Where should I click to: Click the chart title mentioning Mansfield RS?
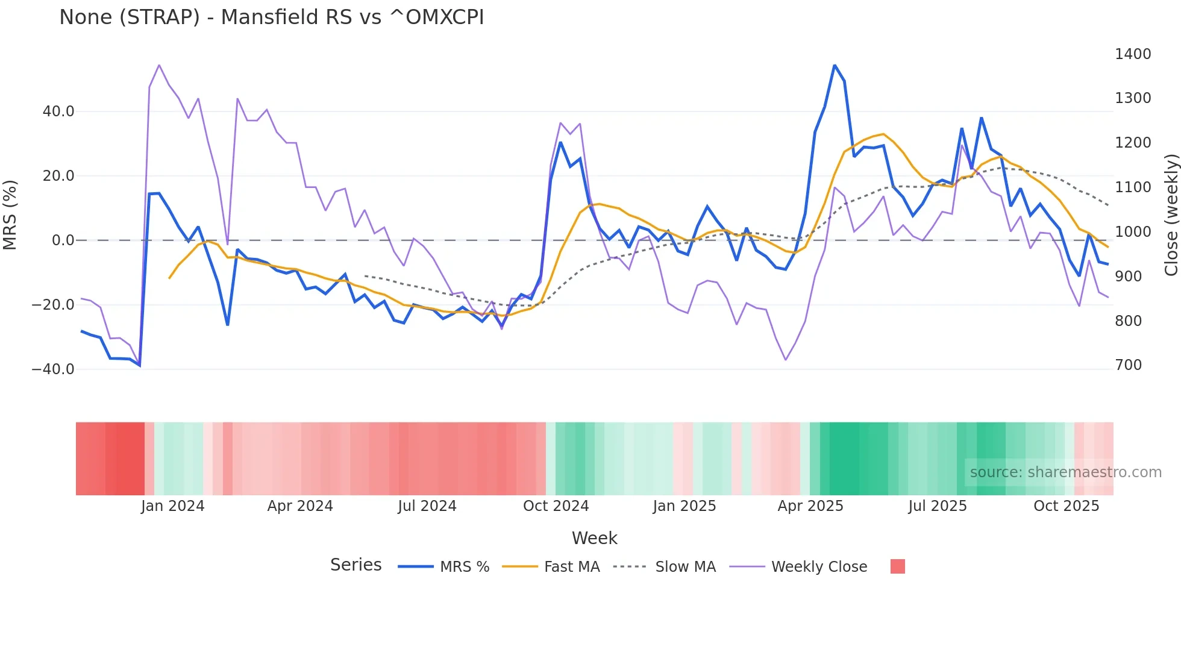click(x=271, y=17)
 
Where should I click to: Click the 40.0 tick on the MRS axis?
click(x=58, y=111)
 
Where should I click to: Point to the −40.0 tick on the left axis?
click(x=53, y=369)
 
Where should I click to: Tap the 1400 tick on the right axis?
click(x=1133, y=54)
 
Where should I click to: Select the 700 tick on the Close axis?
click(x=1128, y=365)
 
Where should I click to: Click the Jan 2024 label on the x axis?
click(x=172, y=506)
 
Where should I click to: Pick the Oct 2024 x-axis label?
click(x=556, y=506)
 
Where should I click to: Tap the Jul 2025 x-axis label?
click(x=937, y=506)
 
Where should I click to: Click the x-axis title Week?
click(x=594, y=538)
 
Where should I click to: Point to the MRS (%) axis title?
click(x=10, y=215)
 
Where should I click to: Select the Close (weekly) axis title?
click(x=1171, y=215)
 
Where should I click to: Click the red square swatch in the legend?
click(x=897, y=566)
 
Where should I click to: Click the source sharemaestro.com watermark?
click(x=1065, y=472)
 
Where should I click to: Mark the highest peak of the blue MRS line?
click(x=835, y=65)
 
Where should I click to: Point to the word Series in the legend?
click(x=356, y=565)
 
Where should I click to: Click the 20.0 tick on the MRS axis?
click(x=58, y=176)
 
